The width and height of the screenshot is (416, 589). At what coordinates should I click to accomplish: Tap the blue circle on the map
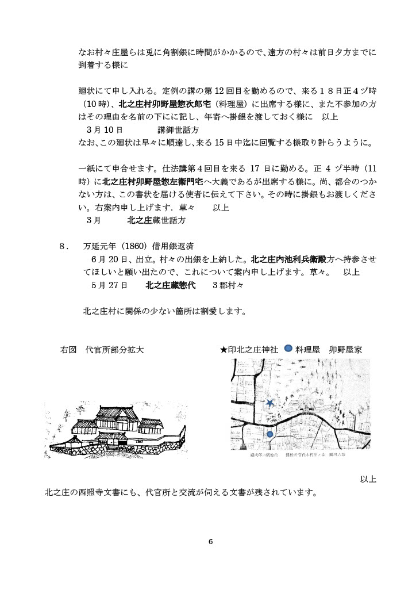270,434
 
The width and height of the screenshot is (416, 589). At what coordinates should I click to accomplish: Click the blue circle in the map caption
288,349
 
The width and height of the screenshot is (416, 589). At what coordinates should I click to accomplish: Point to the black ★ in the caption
224,349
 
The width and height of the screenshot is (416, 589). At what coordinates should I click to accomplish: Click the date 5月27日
109,285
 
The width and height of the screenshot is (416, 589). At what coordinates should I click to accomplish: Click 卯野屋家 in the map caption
345,349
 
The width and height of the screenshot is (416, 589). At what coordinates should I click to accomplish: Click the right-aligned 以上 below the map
368,479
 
